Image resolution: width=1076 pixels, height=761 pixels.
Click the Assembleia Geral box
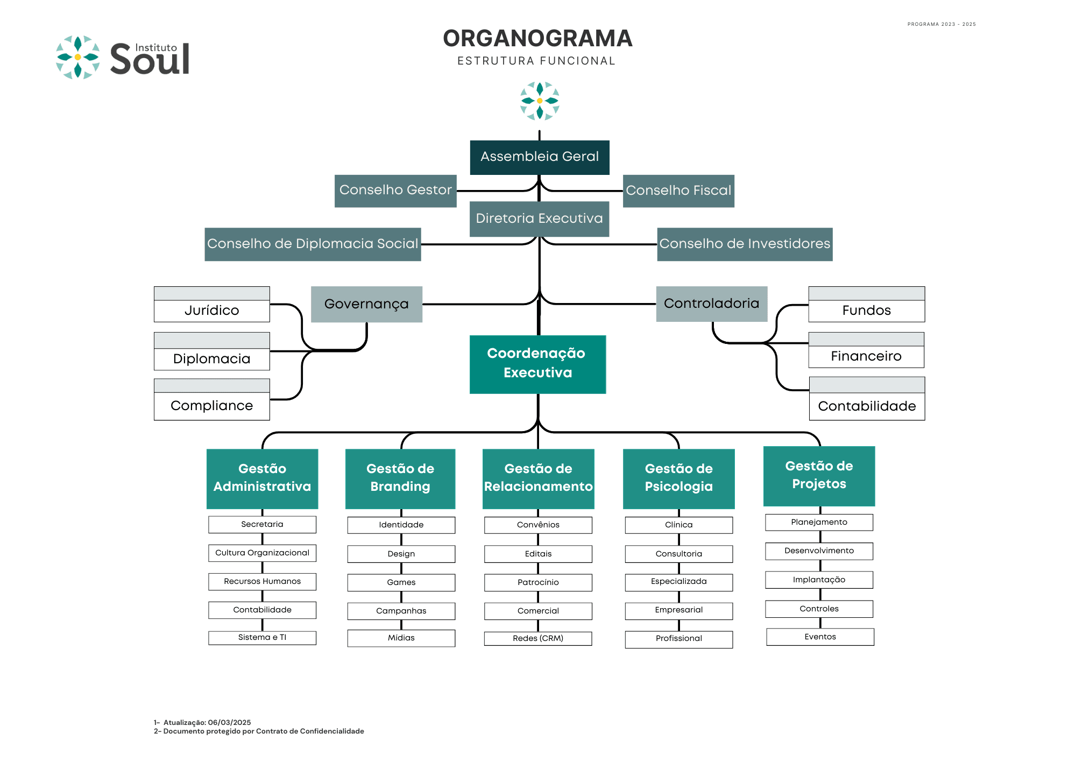(540, 157)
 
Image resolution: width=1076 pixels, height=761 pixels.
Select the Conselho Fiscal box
(678, 191)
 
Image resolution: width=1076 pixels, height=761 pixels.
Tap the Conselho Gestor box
(395, 191)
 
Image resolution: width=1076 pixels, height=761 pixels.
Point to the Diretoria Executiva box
(539, 219)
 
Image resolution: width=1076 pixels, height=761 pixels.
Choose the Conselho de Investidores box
(745, 244)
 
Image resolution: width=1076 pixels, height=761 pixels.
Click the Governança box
(366, 304)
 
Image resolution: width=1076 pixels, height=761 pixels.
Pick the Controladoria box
(712, 304)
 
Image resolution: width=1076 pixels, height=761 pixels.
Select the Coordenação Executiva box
(538, 364)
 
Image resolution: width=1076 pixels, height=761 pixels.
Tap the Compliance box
(212, 399)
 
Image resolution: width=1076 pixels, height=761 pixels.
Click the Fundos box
(867, 304)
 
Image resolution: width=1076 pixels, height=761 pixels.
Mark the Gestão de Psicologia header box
(679, 478)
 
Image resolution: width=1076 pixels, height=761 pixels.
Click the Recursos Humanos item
(263, 581)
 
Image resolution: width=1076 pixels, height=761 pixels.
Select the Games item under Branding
(401, 582)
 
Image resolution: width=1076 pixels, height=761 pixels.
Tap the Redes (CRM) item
(538, 638)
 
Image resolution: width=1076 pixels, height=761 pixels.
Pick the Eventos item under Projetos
(820, 637)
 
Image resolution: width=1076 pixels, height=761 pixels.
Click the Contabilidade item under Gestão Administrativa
(263, 610)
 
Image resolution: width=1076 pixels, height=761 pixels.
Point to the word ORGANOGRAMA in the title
(537, 38)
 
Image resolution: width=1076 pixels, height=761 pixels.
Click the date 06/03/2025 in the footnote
(230, 722)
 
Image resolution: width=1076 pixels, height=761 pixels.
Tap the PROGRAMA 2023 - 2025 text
(942, 24)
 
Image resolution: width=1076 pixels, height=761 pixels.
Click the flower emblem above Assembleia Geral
(540, 101)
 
